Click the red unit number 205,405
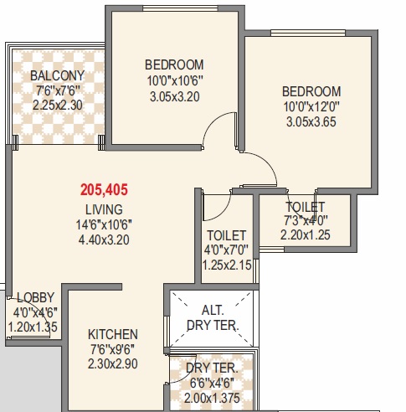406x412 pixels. (104, 190)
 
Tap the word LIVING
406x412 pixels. (104, 209)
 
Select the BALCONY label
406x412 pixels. (57, 75)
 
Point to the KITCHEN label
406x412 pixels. (113, 334)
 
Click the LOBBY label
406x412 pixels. (36, 297)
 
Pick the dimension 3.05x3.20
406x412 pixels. (175, 97)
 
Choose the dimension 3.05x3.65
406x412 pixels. (311, 122)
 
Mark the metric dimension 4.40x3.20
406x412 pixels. (104, 240)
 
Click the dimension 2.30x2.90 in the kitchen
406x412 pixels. (113, 364)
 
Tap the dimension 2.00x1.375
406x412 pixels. (212, 398)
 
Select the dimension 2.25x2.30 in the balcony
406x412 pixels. (58, 106)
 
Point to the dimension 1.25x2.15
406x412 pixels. (227, 265)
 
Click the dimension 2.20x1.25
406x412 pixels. (306, 235)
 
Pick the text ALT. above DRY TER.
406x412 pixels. (213, 310)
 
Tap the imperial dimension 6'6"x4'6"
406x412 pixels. (212, 383)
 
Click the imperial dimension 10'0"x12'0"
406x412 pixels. (311, 106)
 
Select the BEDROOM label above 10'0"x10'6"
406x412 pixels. (174, 64)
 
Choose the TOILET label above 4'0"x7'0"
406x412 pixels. (227, 235)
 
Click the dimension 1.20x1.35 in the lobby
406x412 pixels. (33, 327)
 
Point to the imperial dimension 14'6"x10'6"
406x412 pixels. (104, 224)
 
